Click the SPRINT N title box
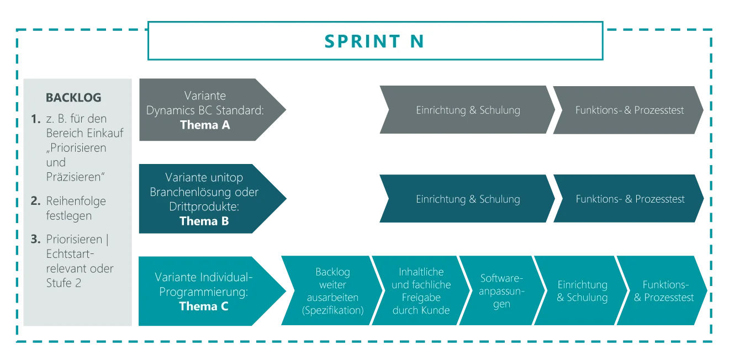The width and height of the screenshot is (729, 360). point(374,41)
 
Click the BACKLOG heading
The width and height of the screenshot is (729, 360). point(73,98)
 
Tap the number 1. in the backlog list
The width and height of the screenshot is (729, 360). point(36,119)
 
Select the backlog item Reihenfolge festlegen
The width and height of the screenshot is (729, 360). point(76,208)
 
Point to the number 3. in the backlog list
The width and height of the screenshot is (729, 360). point(36,240)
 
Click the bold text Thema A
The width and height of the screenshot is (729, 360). point(205,125)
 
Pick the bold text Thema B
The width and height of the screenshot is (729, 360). point(204,221)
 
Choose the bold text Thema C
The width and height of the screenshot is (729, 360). point(203,306)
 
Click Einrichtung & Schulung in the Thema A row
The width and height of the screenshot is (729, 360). point(468,110)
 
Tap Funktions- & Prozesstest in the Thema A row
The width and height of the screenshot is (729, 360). point(629,110)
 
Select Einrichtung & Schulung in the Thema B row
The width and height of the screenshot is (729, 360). point(468,199)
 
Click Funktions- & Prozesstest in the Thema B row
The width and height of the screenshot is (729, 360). point(630,199)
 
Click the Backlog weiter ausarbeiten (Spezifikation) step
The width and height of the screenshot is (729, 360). point(332,291)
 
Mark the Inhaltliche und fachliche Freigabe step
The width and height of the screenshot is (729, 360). point(421,291)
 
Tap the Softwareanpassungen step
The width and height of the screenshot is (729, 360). point(501,291)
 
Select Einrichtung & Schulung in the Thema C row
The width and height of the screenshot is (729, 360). point(582,291)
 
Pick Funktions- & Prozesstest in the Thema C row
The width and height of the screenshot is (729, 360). point(664,291)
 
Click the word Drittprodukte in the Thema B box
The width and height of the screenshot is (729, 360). point(202,207)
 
